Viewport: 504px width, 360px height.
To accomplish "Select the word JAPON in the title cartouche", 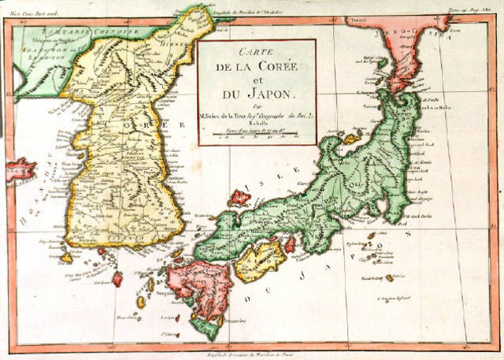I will point(257,94).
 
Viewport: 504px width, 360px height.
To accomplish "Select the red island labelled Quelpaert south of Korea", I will point(117,278).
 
